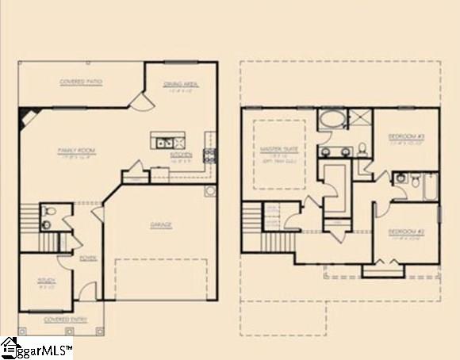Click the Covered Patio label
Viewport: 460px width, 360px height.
click(82, 82)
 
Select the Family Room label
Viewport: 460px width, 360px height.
click(76, 149)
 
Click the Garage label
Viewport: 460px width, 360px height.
click(161, 224)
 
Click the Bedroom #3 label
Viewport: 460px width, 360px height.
click(406, 137)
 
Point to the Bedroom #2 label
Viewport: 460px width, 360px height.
click(406, 231)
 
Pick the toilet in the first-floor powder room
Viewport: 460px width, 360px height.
click(48, 212)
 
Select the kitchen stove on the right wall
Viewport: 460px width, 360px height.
click(210, 155)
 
